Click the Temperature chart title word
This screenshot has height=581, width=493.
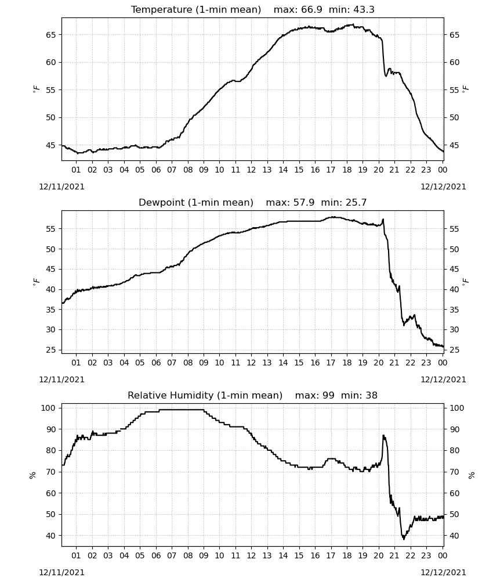point(162,9)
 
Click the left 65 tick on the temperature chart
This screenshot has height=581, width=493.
point(50,35)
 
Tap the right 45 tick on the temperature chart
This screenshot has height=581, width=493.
point(454,145)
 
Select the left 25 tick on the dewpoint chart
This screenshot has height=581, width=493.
point(50,350)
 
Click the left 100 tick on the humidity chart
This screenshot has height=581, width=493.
point(49,408)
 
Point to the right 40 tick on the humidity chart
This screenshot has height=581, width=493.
point(454,536)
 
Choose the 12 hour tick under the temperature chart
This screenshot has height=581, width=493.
point(251,170)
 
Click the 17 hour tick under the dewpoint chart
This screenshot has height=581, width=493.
point(331,363)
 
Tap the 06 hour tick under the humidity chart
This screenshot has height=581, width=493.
point(155,555)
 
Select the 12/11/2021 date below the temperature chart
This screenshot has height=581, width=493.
point(61,187)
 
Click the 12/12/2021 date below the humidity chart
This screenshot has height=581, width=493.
point(443,572)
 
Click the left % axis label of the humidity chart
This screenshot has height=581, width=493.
point(32,475)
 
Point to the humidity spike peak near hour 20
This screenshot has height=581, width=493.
point(383,435)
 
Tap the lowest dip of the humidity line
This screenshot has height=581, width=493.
point(404,539)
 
